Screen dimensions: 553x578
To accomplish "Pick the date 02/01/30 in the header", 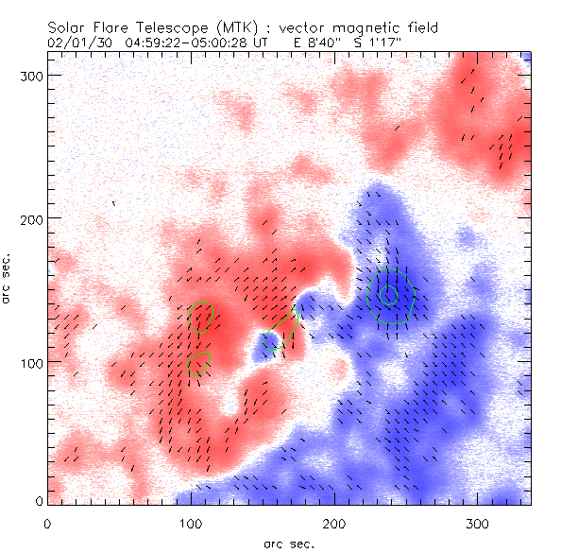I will click(76, 43).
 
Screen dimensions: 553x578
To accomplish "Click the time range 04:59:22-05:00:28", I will click(184, 43).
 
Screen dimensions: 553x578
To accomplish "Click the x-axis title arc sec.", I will click(288, 544).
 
